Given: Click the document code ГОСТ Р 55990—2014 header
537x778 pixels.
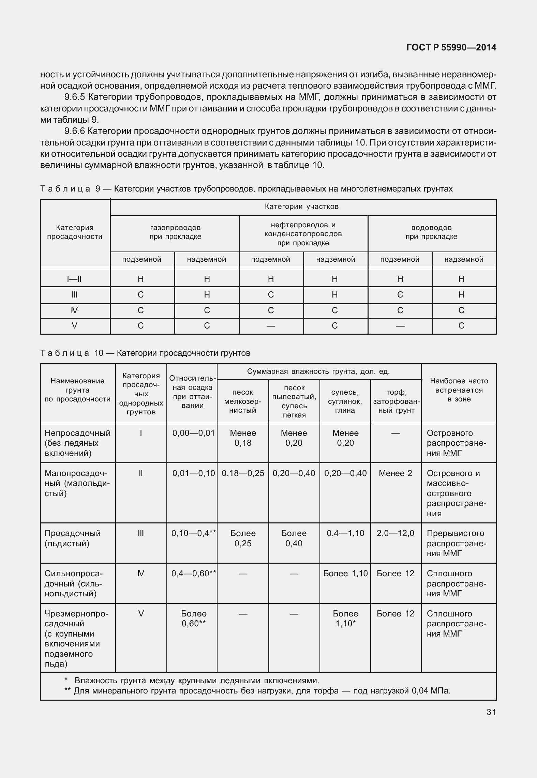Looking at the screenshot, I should pyautogui.click(x=451, y=48).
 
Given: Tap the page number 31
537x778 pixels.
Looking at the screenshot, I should pyautogui.click(x=491, y=712).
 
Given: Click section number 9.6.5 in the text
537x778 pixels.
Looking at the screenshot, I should pyautogui.click(x=74, y=97).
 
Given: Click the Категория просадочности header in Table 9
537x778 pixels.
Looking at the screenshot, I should pyautogui.click(x=75, y=232).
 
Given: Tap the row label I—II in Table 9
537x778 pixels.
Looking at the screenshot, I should pyautogui.click(x=74, y=279).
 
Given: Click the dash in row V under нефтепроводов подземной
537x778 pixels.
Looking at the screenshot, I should pyautogui.click(x=271, y=326).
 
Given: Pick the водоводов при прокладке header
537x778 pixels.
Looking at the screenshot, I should pyautogui.click(x=431, y=232).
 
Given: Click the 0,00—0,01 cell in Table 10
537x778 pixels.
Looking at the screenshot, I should pyautogui.click(x=193, y=433).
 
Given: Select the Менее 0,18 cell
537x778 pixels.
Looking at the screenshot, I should pyautogui.click(x=243, y=438).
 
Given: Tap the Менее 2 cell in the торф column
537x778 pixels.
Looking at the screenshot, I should pyautogui.click(x=395, y=473).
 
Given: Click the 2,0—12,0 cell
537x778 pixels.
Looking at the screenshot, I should pyautogui.click(x=395, y=533).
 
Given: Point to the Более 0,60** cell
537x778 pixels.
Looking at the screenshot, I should pyautogui.click(x=193, y=619).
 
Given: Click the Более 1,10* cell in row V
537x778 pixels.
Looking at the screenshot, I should pyautogui.click(x=345, y=619).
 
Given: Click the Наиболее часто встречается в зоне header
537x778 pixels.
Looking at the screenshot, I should pyautogui.click(x=459, y=390).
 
